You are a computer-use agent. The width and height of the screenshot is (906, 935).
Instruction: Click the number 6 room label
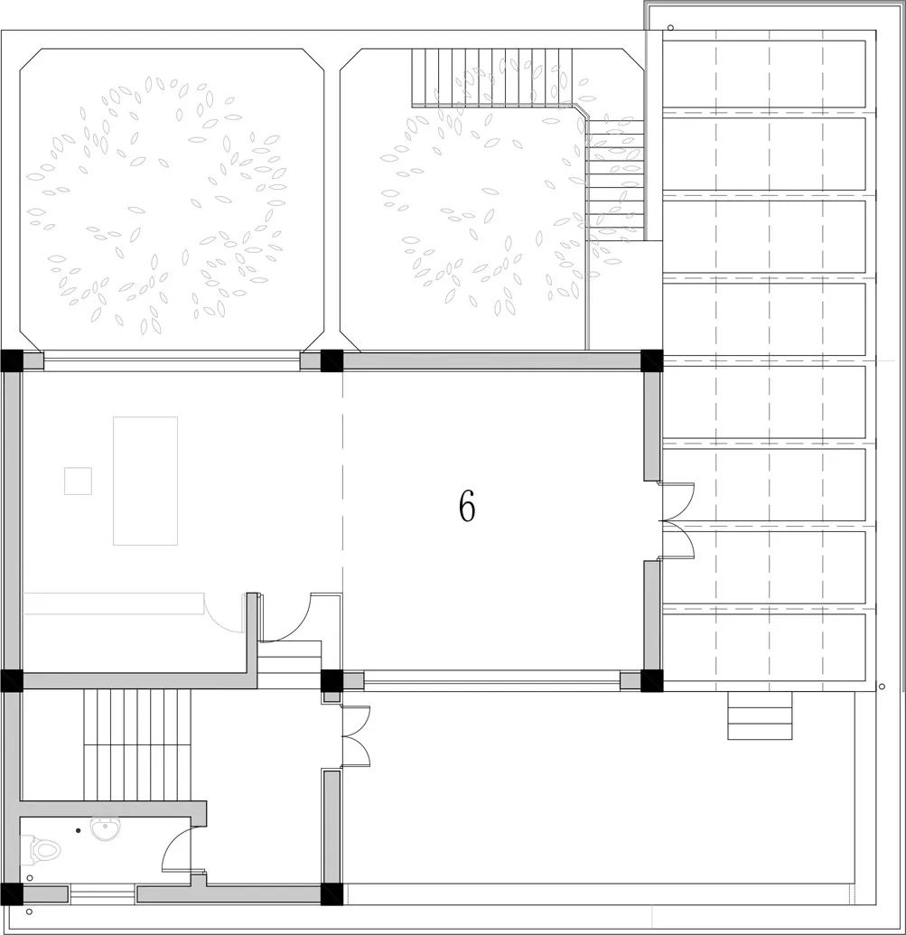(467, 507)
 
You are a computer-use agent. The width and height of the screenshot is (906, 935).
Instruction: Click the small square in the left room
(78, 481)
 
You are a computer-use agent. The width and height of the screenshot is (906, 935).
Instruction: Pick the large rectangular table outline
(145, 481)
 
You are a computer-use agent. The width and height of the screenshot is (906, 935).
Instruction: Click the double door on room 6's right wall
(677, 520)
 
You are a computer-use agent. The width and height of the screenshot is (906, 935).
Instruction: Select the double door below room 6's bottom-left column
(355, 735)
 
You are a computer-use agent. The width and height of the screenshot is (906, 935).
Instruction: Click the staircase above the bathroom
(137, 744)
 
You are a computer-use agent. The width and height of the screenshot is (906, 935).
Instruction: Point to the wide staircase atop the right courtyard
(491, 78)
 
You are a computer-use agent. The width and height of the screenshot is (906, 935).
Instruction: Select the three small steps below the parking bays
(760, 715)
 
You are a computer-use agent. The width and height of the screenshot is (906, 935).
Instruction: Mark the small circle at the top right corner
(670, 27)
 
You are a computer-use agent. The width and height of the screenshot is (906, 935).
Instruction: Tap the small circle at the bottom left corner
(29, 912)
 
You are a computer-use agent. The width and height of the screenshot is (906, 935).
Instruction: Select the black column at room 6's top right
(651, 360)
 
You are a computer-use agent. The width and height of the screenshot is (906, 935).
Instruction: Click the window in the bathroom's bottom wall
(102, 893)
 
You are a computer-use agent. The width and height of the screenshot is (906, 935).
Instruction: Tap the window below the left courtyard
(172, 360)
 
